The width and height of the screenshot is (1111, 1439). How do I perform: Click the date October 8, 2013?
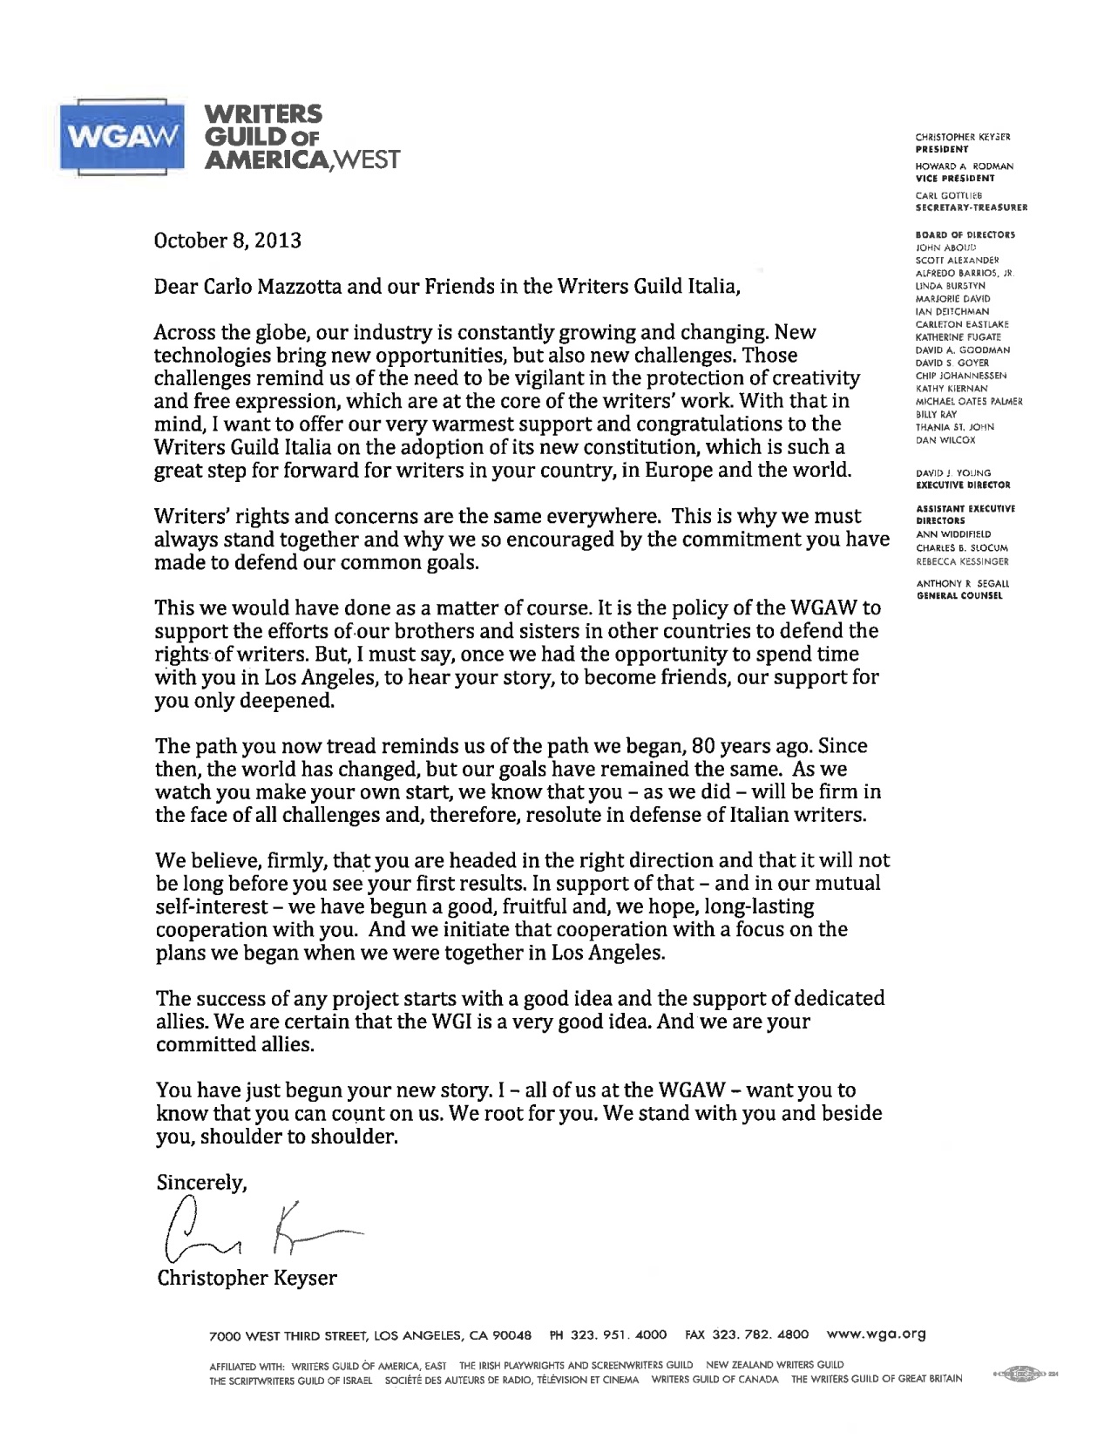coord(227,241)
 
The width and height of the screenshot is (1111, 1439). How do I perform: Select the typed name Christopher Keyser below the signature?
coord(247,1279)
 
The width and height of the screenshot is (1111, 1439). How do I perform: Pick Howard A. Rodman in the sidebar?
coord(963,166)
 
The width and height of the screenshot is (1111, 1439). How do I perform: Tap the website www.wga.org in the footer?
coord(875,1334)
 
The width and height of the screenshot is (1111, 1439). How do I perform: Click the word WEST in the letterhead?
coord(362,160)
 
